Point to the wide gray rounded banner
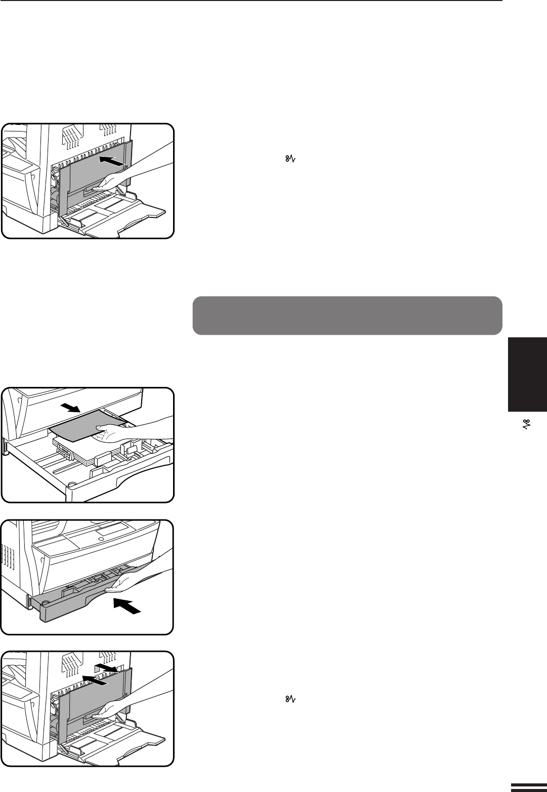coord(347,316)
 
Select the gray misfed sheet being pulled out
coord(81,427)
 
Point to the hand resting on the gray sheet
coord(114,432)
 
